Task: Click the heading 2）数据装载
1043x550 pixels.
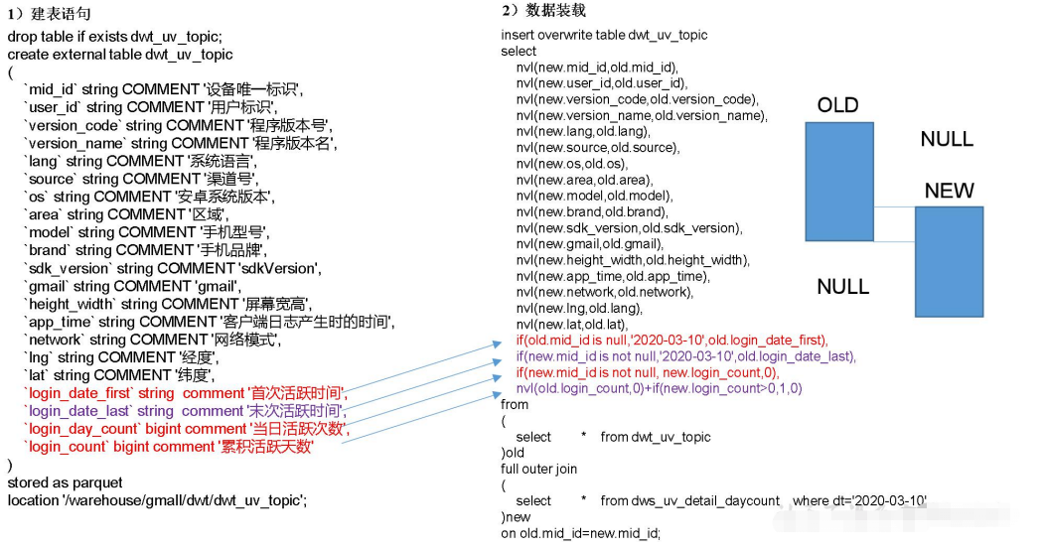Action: pos(543,10)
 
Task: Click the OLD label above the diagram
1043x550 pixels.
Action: pos(837,105)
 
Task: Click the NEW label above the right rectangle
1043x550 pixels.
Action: pos(949,191)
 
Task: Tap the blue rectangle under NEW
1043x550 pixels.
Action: pos(949,261)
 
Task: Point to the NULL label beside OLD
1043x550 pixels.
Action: pos(947,139)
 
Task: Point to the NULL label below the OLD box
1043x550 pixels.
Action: pos(842,287)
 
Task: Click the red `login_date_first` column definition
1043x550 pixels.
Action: pos(184,393)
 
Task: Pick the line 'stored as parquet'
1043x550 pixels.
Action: pos(66,482)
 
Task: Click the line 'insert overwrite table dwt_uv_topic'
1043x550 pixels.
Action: pos(604,35)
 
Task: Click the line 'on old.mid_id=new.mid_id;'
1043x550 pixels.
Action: pos(580,533)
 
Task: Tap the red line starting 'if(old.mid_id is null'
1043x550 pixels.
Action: pos(671,341)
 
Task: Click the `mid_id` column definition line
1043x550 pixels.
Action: pos(164,89)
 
